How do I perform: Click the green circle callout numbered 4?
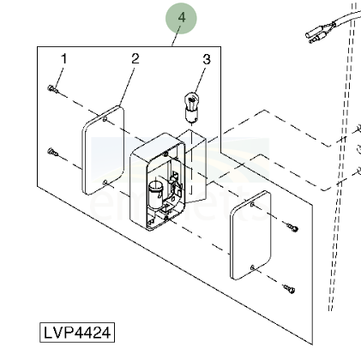pyautogui.click(x=181, y=18)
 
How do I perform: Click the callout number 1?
pyautogui.click(x=64, y=58)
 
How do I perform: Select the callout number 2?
pyautogui.click(x=135, y=58)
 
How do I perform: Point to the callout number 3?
pyautogui.click(x=207, y=59)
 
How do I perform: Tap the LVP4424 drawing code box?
pyautogui.click(x=77, y=333)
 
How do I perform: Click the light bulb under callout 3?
pyautogui.click(x=191, y=108)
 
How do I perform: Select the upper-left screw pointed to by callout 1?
pyautogui.click(x=52, y=89)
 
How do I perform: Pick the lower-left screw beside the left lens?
pyautogui.click(x=53, y=152)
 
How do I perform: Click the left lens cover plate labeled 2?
pyautogui.click(x=103, y=150)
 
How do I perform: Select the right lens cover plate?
pyautogui.click(x=250, y=236)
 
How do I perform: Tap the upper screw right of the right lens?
pyautogui.click(x=292, y=227)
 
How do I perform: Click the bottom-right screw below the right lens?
pyautogui.click(x=289, y=289)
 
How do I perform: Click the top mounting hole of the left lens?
pyautogui.click(x=105, y=118)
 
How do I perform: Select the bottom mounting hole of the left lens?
pyautogui.click(x=105, y=182)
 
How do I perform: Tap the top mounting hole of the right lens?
pyautogui.click(x=252, y=205)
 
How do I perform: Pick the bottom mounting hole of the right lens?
pyautogui.click(x=252, y=267)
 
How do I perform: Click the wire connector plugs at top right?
pyautogui.click(x=320, y=33)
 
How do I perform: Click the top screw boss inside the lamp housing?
pyautogui.click(x=165, y=154)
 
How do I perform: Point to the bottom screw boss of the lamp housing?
pyautogui.click(x=165, y=219)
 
